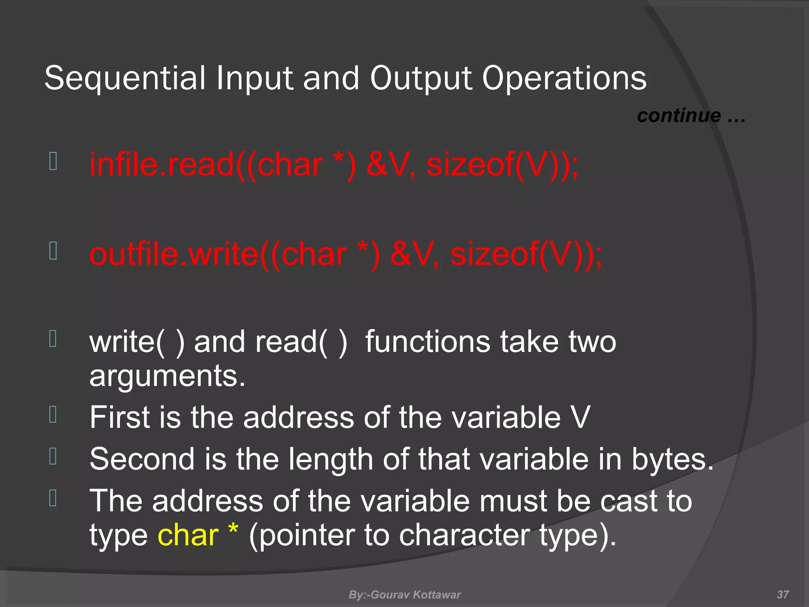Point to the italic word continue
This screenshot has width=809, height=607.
[679, 116]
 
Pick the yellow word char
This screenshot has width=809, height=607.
[188, 535]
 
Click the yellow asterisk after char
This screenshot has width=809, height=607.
[233, 530]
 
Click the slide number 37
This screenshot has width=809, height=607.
[783, 594]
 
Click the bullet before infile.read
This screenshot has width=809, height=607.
[53, 161]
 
